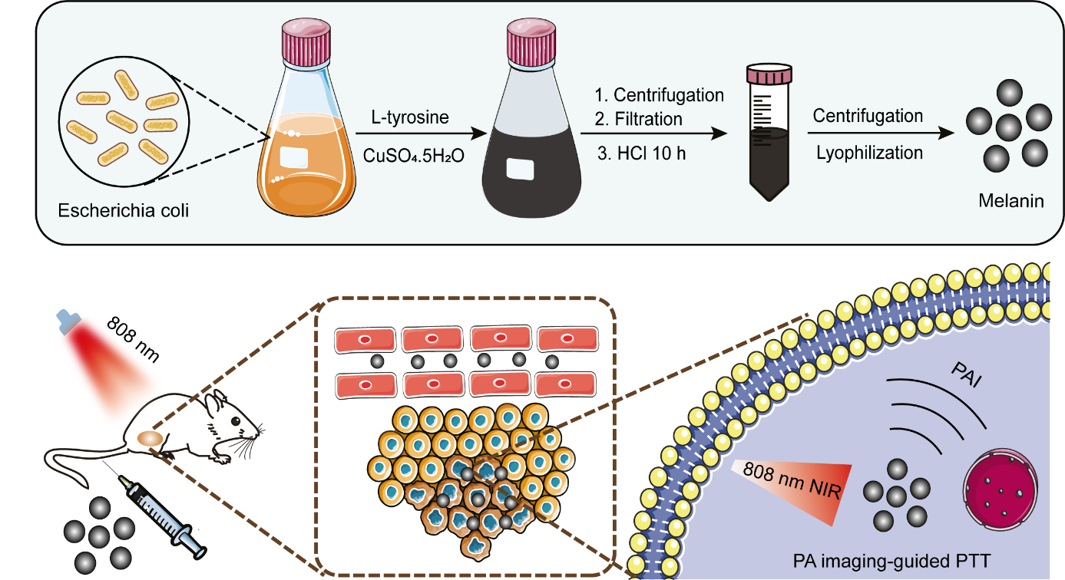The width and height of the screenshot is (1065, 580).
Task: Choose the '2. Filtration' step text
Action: coord(639,119)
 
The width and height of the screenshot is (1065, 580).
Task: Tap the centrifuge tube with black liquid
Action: coord(769,134)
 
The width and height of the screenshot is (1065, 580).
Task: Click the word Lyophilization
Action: coord(868,153)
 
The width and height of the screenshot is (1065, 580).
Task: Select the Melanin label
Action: coord(1011,203)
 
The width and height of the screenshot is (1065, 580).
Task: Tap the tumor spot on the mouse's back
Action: coord(149,440)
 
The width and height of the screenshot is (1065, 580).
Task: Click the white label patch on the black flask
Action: coord(519,169)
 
